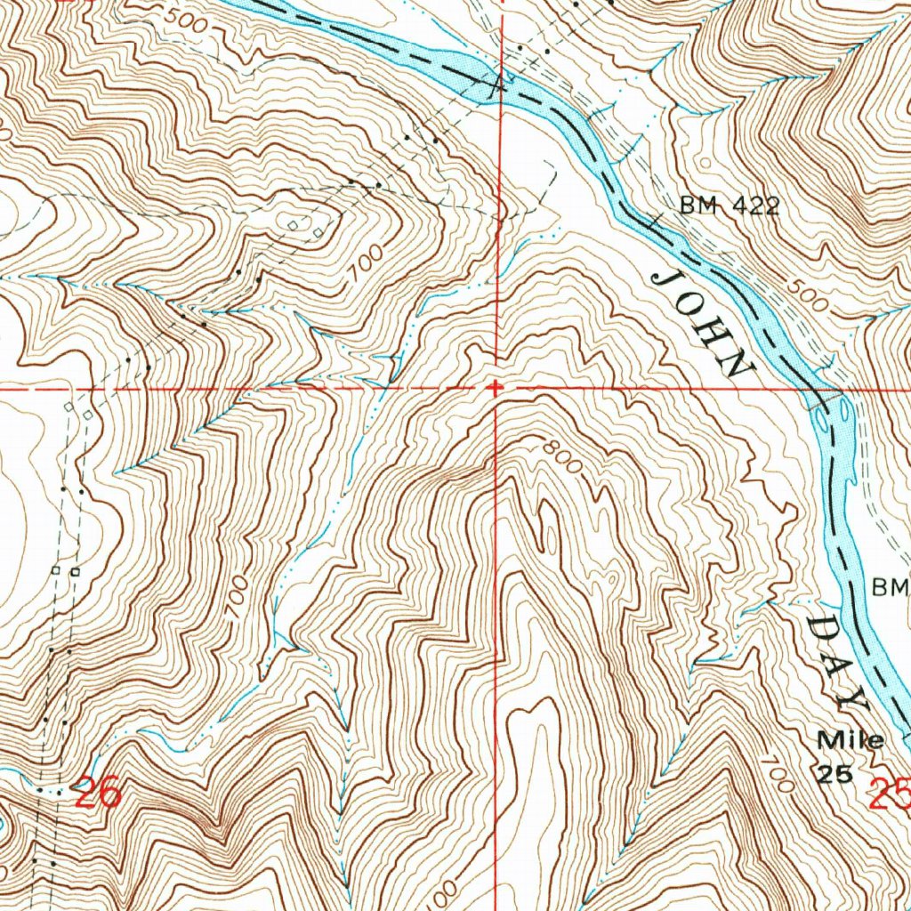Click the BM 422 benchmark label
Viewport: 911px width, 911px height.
(730, 206)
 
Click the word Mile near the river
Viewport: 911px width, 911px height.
(851, 740)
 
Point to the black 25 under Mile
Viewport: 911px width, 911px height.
(835, 773)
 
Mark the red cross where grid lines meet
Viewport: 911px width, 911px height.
(496, 388)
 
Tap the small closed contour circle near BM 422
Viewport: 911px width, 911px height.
(706, 163)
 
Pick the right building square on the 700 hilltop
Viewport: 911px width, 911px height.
(318, 233)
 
